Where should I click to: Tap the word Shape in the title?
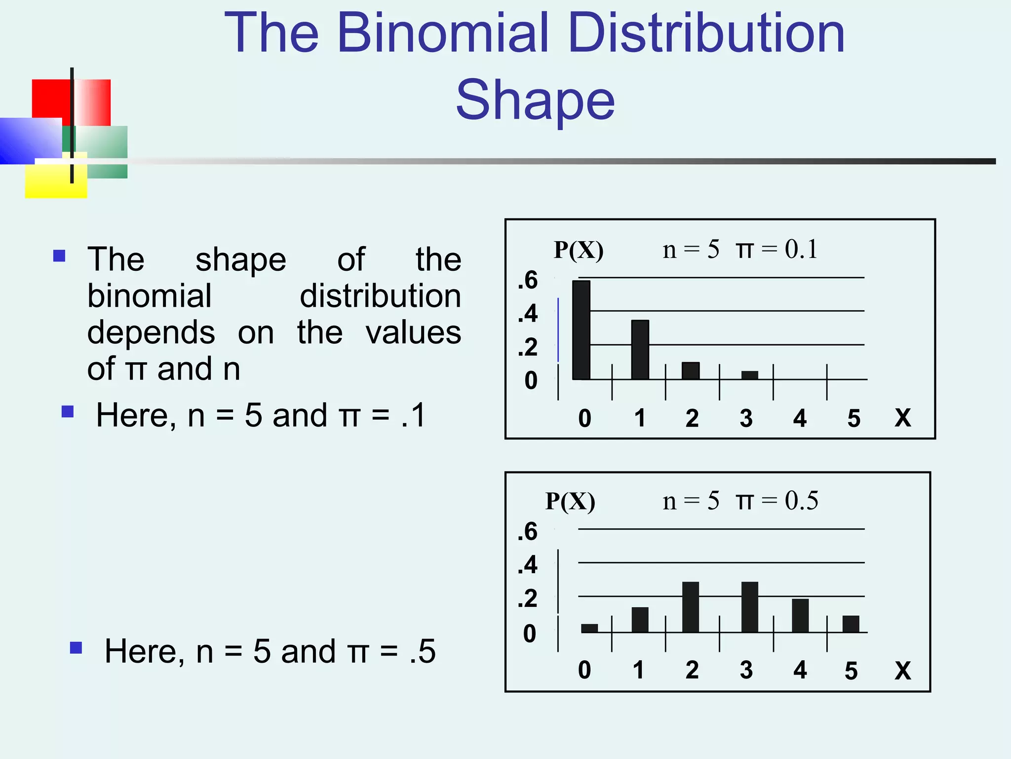coord(535,101)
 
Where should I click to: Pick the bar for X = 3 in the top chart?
coord(749,375)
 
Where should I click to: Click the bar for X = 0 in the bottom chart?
coord(589,628)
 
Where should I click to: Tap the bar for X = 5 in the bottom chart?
coord(851,624)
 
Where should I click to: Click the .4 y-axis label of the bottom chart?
coord(527,564)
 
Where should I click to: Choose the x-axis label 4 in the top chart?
coord(800,419)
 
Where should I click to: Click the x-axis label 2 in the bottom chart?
coord(692,670)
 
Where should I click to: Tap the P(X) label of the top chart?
coord(578,250)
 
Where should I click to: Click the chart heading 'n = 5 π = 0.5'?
coord(740,501)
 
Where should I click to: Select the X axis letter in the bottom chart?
coord(902,671)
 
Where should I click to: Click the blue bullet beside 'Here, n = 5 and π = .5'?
coord(76,648)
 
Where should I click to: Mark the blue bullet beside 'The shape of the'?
coord(59,255)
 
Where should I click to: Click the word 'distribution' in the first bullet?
coord(380,296)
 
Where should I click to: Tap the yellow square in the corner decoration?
coord(55,180)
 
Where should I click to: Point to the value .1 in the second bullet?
coord(414,415)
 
